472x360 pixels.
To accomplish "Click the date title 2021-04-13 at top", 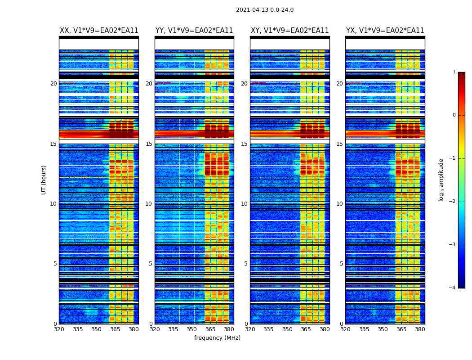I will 264,10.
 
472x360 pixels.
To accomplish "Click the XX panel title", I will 99,31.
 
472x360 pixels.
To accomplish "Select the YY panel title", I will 194,31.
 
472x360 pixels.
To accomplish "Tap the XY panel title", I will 289,31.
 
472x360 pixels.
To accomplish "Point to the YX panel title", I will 385,31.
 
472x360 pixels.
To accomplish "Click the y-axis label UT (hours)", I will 44,180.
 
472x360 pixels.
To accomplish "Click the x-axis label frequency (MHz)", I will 217,338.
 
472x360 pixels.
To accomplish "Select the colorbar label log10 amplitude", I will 441,180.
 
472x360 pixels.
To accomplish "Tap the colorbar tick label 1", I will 454,72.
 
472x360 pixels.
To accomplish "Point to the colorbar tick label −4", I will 453,288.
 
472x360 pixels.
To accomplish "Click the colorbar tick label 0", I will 454,115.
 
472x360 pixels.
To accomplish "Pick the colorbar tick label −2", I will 453,202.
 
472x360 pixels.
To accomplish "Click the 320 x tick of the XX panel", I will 59,329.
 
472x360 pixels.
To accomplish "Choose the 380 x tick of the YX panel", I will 420,329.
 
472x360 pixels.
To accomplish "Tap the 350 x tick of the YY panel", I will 192,329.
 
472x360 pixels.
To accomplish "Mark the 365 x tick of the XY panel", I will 306,329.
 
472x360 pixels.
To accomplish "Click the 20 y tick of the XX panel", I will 53,84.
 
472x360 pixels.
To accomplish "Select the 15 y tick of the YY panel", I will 149,144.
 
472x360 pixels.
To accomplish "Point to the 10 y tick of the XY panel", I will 244,204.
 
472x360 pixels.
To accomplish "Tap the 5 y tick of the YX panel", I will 341,264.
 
